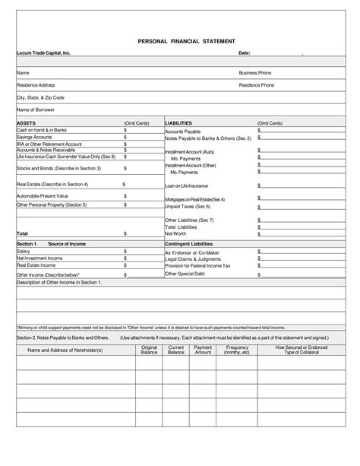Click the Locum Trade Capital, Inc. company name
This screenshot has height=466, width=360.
point(43,53)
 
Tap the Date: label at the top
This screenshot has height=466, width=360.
point(245,53)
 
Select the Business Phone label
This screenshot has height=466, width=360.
point(254,72)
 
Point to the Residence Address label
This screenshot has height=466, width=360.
point(36,85)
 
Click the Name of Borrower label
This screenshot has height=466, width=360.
point(37,109)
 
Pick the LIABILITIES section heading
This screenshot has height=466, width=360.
point(178,122)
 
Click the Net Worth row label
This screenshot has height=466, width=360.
point(178,233)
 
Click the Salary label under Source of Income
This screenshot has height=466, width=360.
point(24,251)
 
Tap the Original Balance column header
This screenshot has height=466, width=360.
point(149,350)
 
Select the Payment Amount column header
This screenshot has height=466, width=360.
point(203,350)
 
